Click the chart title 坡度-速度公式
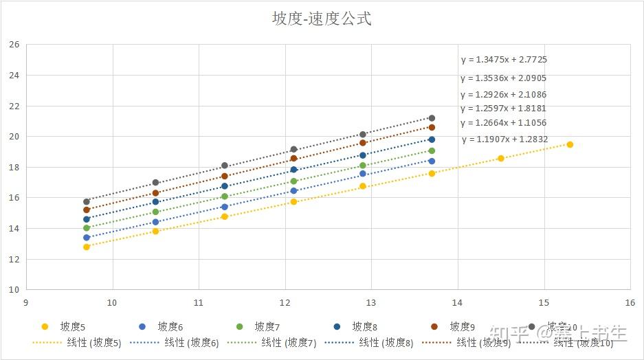click(x=322, y=19)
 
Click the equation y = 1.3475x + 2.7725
click(x=504, y=60)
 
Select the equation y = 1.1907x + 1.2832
click(x=504, y=139)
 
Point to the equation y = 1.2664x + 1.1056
click(x=504, y=123)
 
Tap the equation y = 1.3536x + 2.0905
click(x=504, y=78)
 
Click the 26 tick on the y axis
click(x=14, y=45)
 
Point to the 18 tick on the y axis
click(x=14, y=167)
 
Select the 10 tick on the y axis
click(x=14, y=289)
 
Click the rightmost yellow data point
click(x=570, y=144)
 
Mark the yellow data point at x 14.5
click(x=501, y=158)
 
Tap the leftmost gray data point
click(x=87, y=202)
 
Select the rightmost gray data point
click(x=432, y=118)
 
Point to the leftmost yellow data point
click(x=87, y=247)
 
